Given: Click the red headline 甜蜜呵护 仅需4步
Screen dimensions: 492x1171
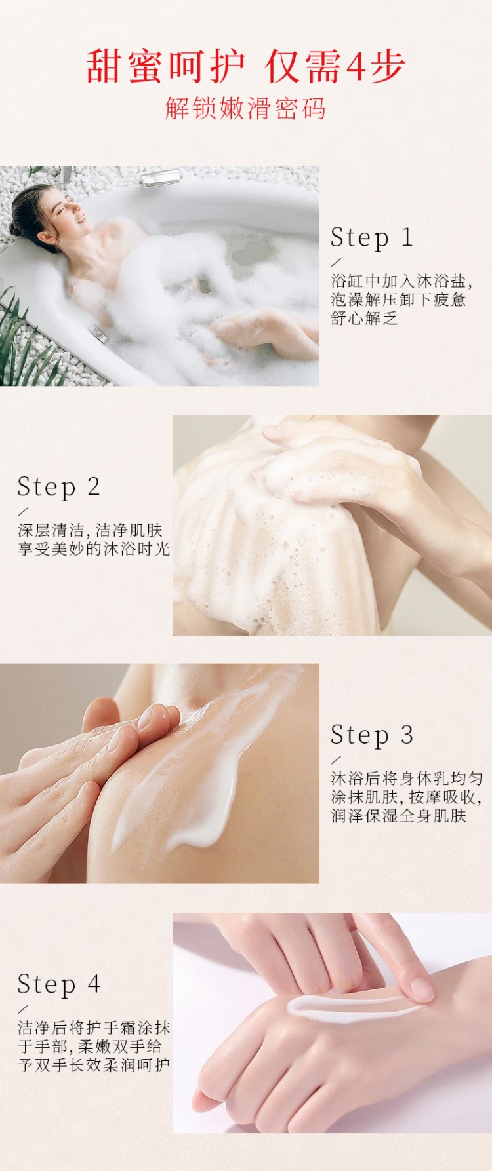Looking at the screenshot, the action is [246, 66].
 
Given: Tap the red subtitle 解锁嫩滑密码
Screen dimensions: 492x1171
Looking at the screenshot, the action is [246, 108].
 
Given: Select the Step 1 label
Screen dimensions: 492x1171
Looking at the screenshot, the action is [372, 238].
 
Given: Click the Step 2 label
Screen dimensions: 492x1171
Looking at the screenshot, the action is [58, 487].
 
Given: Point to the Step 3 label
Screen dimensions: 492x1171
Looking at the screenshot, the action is [372, 735].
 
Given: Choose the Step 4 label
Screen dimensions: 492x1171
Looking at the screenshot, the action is [58, 984].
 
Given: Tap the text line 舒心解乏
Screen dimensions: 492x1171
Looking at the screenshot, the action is [364, 318].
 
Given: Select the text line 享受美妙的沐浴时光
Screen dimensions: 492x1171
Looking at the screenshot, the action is [94, 549].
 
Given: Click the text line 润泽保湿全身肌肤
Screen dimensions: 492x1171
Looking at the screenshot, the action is [399, 816].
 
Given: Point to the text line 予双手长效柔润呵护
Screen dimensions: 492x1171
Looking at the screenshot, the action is [94, 1065].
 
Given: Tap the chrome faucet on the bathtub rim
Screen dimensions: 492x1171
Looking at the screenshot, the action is [161, 177].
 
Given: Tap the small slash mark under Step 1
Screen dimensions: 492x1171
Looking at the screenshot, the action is [337, 261].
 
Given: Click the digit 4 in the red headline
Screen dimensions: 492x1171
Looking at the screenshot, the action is [355, 67].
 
